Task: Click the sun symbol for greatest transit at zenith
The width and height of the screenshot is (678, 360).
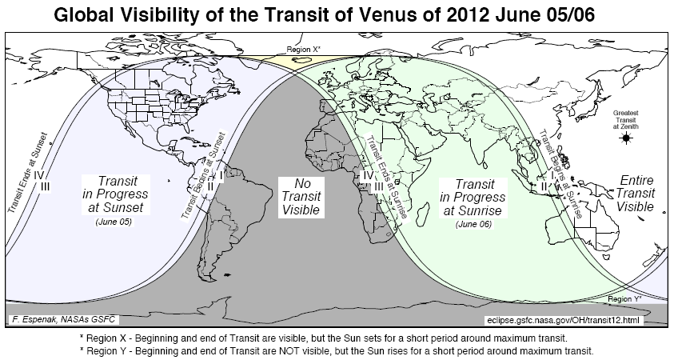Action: tap(626, 138)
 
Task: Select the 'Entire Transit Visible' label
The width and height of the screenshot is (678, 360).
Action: tap(637, 194)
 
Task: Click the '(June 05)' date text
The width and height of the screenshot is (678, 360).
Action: tap(114, 222)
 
